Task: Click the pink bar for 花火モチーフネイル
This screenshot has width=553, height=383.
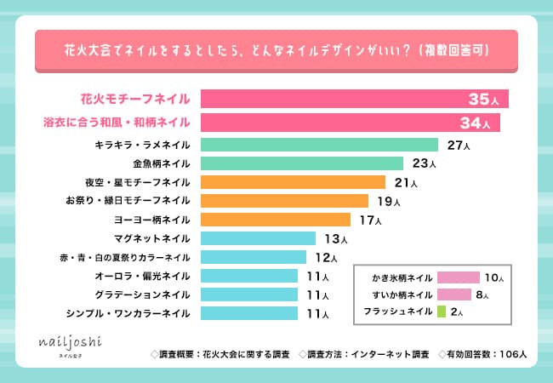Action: click(354, 100)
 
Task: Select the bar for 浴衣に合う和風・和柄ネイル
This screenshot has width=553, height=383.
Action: click(350, 123)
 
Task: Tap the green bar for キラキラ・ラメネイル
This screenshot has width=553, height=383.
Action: click(319, 145)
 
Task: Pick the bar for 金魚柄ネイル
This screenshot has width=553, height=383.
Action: click(301, 163)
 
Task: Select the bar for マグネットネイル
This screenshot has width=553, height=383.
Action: click(258, 238)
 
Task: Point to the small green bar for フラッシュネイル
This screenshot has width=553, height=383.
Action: click(441, 312)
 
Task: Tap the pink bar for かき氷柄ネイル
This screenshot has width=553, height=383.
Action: click(458, 277)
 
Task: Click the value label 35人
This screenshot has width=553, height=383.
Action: click(487, 100)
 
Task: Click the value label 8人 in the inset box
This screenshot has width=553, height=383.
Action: click(483, 295)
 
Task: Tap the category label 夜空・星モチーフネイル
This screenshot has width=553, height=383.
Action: click(137, 182)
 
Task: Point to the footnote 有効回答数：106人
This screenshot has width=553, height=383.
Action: click(484, 352)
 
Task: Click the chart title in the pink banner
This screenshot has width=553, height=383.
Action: click(276, 50)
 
